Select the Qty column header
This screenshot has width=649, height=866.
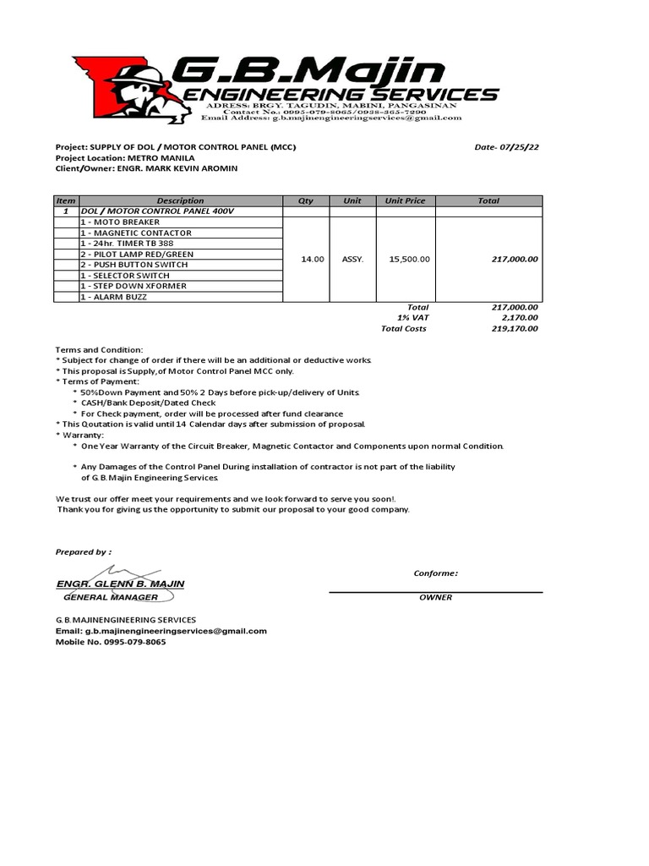305,200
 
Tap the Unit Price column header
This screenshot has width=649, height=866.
405,200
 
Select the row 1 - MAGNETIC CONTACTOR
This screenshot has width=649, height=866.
136,233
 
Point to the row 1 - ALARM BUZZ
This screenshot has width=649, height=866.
119,297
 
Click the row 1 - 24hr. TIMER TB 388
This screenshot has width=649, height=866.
127,244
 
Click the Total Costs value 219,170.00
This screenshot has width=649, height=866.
515,329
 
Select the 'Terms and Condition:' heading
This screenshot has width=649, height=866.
100,350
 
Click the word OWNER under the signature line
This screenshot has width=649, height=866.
435,597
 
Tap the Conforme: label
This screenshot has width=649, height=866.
435,573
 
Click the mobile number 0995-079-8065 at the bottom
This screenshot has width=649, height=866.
135,642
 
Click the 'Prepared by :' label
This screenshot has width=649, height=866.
83,551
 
